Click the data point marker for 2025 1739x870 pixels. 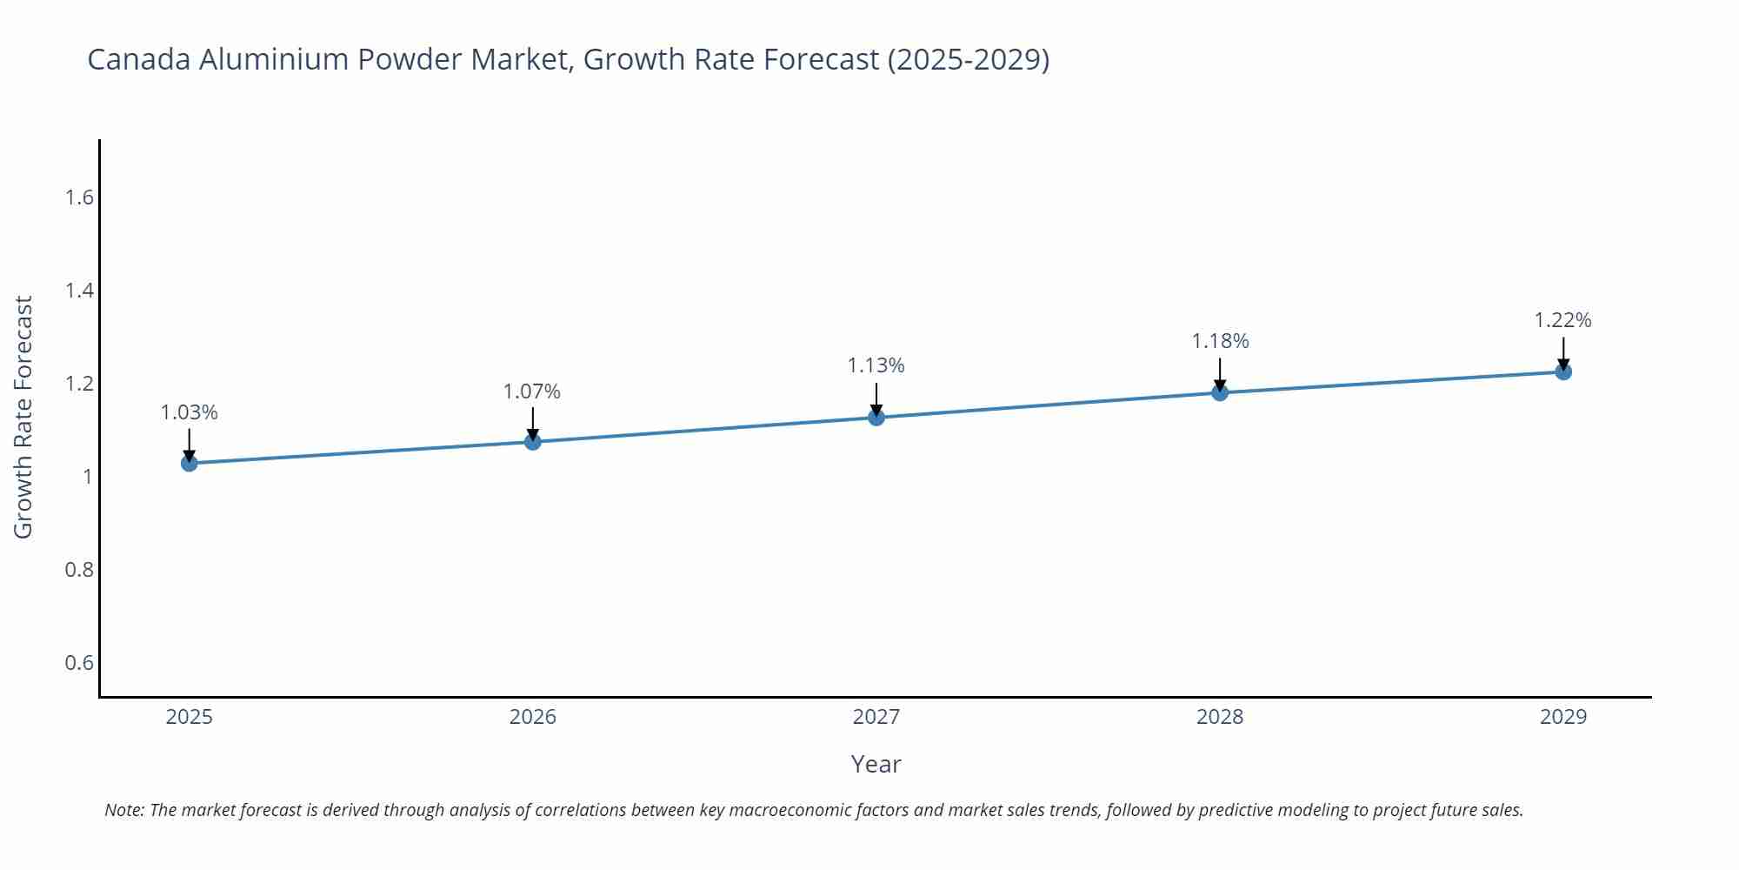click(189, 463)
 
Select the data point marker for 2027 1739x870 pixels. click(876, 418)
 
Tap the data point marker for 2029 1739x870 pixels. click(1562, 371)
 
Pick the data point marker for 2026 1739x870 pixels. click(532, 442)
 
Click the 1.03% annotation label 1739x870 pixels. click(189, 412)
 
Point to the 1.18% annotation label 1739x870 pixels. click(1219, 341)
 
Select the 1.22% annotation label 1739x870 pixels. click(1562, 320)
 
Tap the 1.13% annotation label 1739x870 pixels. click(876, 365)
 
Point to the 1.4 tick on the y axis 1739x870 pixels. click(79, 291)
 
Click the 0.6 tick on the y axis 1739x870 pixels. click(79, 663)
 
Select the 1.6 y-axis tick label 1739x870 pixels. click(79, 197)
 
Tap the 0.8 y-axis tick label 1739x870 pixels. click(79, 570)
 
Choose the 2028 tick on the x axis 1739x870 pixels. click(1219, 717)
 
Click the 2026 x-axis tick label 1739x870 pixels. click(532, 717)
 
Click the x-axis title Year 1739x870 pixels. click(876, 764)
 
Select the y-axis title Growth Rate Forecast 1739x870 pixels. click(23, 418)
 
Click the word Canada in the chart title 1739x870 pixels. click(139, 59)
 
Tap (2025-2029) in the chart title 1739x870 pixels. click(968, 59)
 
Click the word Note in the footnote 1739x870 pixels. click(123, 810)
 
